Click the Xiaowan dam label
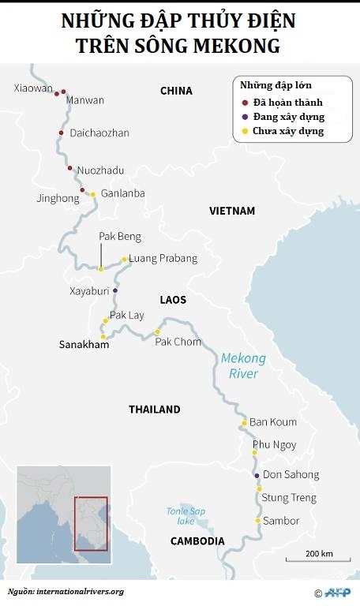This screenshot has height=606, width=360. [31, 88]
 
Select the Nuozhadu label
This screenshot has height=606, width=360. [100, 170]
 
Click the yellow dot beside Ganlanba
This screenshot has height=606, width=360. [92, 194]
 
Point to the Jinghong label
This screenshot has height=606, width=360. [58, 199]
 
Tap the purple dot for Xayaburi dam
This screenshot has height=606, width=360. [115, 291]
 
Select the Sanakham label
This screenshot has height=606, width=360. [84, 345]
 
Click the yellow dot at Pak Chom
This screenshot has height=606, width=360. [157, 331]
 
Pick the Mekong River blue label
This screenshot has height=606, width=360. [243, 366]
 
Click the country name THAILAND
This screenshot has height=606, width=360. [155, 410]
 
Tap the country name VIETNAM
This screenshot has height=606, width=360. [232, 211]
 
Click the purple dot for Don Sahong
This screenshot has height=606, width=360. [257, 475]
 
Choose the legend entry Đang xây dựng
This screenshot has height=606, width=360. [288, 117]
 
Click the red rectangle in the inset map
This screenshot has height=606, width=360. [91, 523]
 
